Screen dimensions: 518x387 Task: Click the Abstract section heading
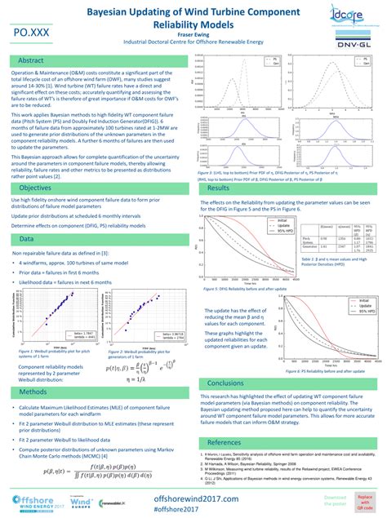[33, 60]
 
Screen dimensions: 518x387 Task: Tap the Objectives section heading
[36, 188]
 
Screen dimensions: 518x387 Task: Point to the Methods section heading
[33, 392]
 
